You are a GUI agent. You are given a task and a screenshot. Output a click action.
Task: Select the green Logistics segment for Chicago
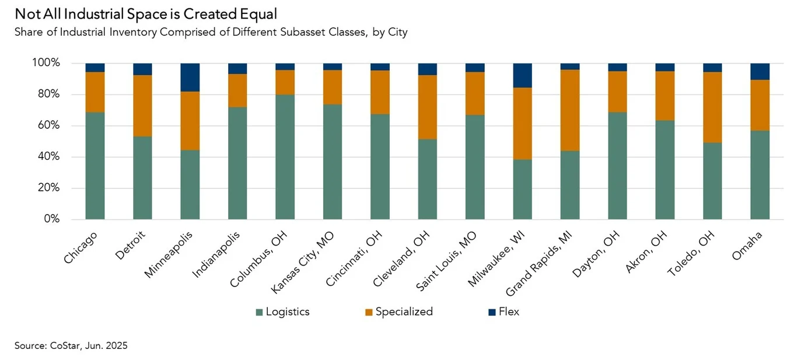click(95, 166)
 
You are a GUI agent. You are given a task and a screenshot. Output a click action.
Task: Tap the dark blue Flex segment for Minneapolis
click(190, 77)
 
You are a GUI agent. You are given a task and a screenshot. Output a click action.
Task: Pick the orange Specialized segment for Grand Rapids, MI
click(570, 110)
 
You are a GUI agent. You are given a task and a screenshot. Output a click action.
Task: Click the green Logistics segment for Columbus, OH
click(285, 157)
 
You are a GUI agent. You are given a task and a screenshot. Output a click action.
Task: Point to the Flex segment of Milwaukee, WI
click(523, 75)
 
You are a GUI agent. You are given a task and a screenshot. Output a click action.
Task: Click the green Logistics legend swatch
click(259, 312)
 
